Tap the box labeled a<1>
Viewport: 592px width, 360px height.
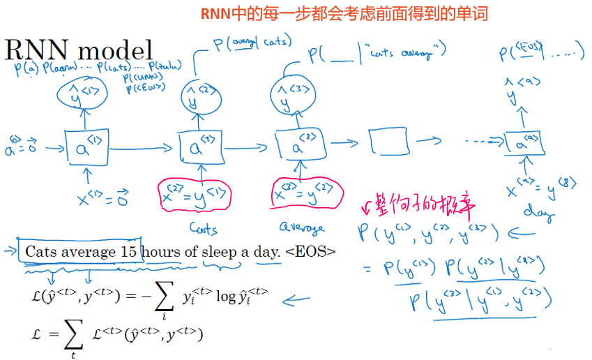(x=86, y=148)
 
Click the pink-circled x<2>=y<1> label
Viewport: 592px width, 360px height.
(x=192, y=195)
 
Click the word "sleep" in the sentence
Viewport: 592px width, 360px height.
(x=220, y=252)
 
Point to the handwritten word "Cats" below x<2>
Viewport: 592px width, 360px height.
(x=203, y=227)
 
